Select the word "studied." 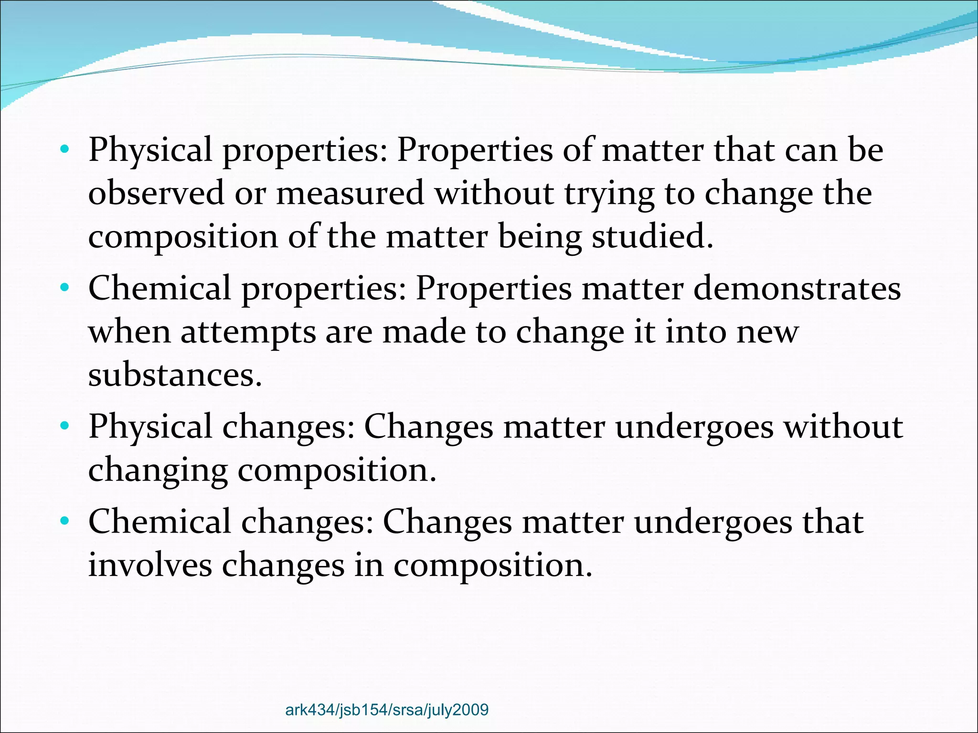[x=652, y=237]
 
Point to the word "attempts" [x=248, y=332]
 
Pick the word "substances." [x=175, y=375]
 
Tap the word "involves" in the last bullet [x=150, y=565]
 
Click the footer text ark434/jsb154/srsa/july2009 [x=387, y=710]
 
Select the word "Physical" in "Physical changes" [x=150, y=427]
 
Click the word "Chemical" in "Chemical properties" [x=159, y=288]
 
